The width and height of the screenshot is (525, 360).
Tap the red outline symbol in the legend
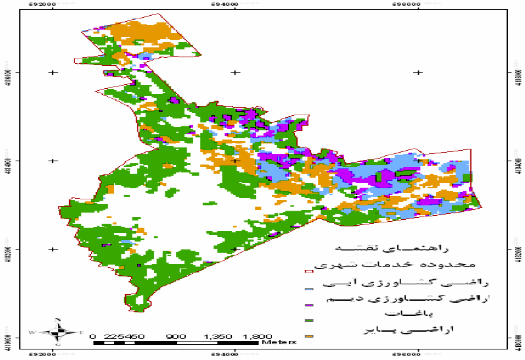pyautogui.click(x=308, y=270)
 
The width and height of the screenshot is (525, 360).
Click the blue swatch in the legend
pyautogui.click(x=308, y=288)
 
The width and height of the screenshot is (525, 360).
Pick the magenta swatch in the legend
pyautogui.click(x=308, y=305)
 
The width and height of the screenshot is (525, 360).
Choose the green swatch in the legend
pyautogui.click(x=308, y=321)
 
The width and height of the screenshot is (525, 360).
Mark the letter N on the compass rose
pyautogui.click(x=59, y=321)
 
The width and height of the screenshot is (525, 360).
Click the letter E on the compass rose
pyautogui.click(x=80, y=333)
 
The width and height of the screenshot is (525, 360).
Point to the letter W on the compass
pyautogui.click(x=32, y=333)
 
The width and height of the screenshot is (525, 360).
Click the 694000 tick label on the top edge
pyautogui.click(x=235, y=4)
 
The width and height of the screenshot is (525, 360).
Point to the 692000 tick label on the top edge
pyautogui.click(x=52, y=4)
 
